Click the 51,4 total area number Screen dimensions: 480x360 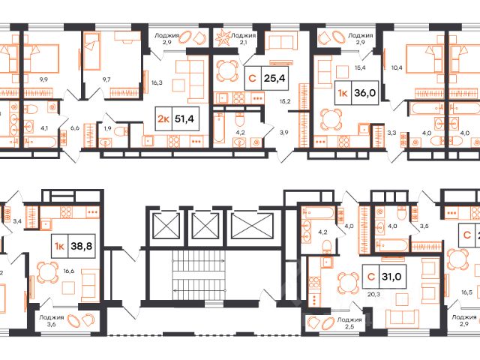[x=184, y=118]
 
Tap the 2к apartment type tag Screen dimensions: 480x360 [x=163, y=118]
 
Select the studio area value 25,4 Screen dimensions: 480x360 [x=274, y=78]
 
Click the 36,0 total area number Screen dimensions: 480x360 [x=364, y=93]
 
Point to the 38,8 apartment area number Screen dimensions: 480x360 [x=82, y=246]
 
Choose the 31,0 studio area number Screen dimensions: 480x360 [x=391, y=277]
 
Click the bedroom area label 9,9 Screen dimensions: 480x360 [x=43, y=79]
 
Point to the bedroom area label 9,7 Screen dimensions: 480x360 [x=106, y=79]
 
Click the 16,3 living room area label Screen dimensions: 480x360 [x=157, y=82]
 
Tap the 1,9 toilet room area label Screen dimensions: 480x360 [x=107, y=128]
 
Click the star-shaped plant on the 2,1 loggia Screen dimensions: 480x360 [x=222, y=37]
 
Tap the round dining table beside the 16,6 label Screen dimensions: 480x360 [x=48, y=272]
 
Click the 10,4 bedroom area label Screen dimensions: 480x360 [x=397, y=67]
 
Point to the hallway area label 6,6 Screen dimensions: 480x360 [x=75, y=128]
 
